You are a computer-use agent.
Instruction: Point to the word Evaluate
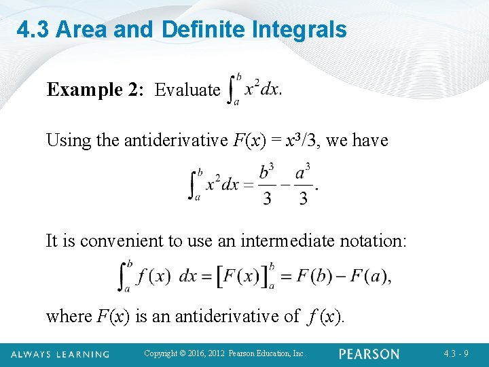click(187, 90)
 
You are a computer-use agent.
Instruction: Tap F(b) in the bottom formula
click(310, 277)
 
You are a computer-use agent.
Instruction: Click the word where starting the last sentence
click(69, 316)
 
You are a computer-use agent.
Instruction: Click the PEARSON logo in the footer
click(369, 354)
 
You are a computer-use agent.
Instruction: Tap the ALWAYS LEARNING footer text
click(59, 354)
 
